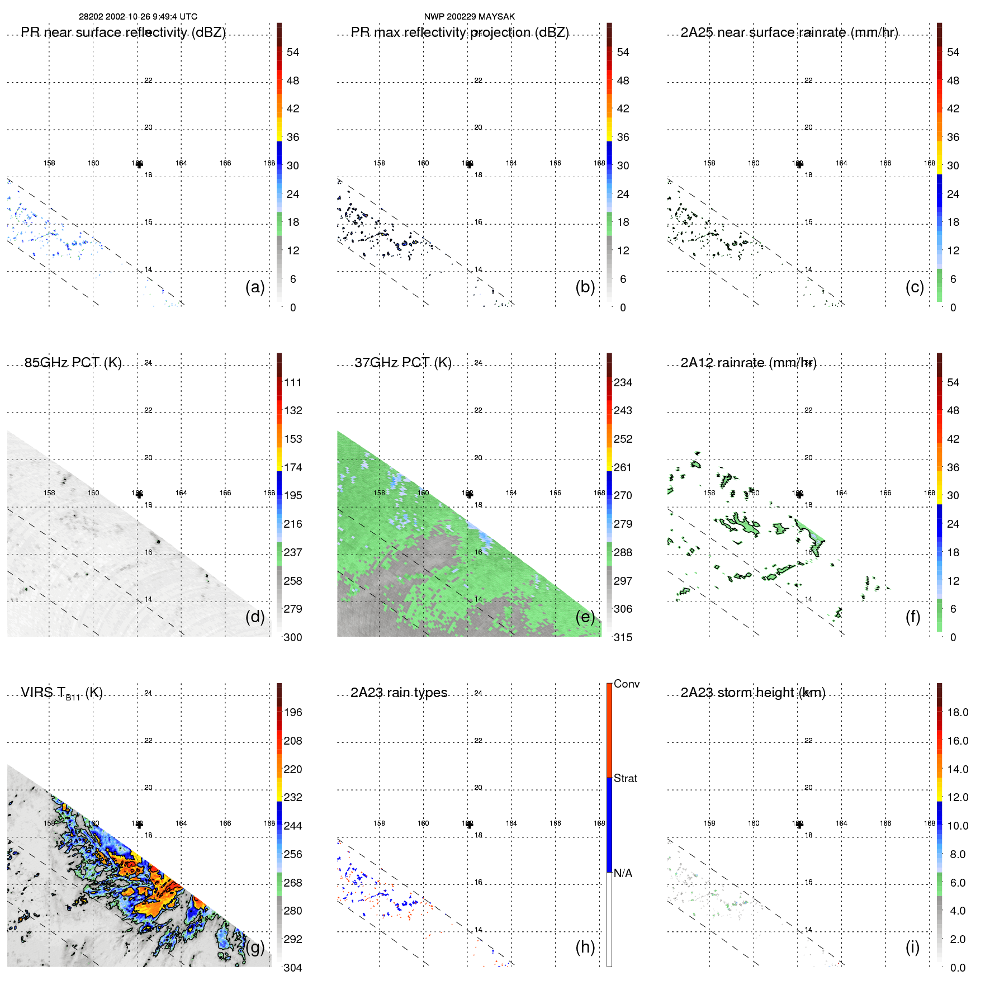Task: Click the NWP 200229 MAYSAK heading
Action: (x=469, y=17)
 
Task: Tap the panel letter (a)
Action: (x=255, y=287)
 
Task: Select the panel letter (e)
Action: (x=585, y=617)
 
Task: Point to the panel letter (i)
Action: (x=912, y=947)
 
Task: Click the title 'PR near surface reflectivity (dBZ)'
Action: (x=123, y=32)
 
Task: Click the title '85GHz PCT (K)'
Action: (x=73, y=363)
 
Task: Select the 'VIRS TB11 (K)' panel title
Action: (x=61, y=693)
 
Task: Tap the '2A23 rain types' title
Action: (x=399, y=693)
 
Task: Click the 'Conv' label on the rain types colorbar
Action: (x=627, y=684)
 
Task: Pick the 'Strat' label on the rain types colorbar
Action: (x=626, y=778)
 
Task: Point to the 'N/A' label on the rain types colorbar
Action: (x=623, y=873)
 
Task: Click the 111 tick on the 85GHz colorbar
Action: (x=293, y=382)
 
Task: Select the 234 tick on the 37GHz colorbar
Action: (x=623, y=382)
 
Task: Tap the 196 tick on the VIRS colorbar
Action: (x=293, y=712)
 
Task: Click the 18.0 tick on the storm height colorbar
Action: (x=958, y=712)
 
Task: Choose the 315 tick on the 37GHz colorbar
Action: (x=623, y=637)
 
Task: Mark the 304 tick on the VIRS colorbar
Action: (x=293, y=968)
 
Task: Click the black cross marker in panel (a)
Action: (x=139, y=164)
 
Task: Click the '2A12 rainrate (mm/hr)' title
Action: (x=749, y=363)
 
